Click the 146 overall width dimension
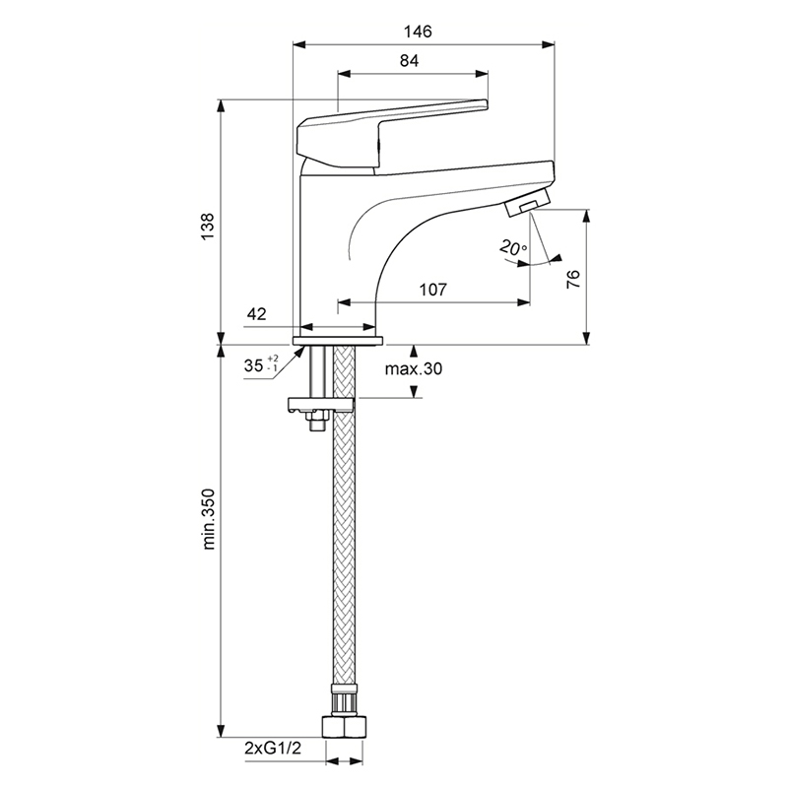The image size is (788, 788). [418, 32]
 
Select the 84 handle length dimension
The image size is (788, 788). [409, 61]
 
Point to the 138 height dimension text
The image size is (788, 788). [208, 227]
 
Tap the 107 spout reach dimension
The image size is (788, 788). [432, 290]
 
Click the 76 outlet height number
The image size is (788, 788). [573, 280]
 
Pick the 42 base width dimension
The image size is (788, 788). [256, 314]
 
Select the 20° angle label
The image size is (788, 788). [512, 248]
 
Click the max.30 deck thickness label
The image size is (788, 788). [414, 368]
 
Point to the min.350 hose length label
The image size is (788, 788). [208, 519]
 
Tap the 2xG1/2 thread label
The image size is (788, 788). [273, 749]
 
